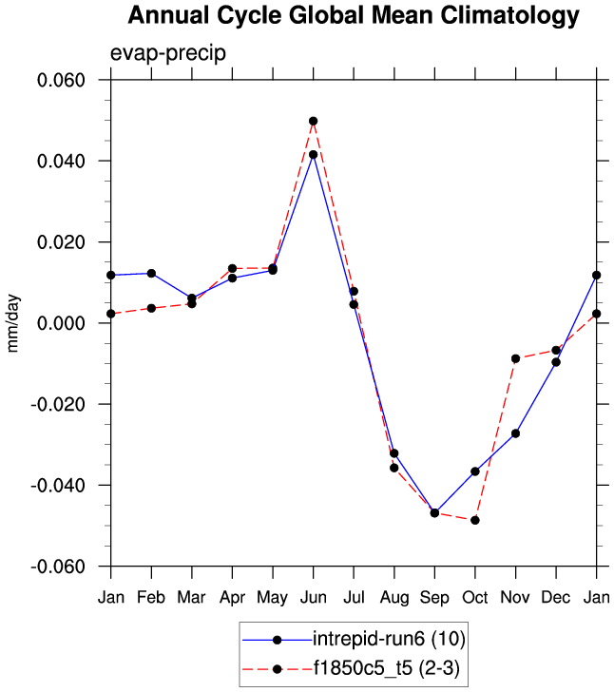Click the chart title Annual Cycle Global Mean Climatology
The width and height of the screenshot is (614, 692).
point(353,16)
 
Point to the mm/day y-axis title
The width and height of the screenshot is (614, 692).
point(13,323)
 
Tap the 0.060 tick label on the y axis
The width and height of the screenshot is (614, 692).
point(62,80)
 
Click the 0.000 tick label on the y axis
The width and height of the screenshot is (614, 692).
point(62,323)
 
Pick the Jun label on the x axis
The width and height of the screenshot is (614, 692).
point(313,598)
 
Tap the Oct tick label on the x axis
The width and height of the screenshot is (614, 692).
point(475,598)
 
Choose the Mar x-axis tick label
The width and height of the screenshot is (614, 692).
point(192,598)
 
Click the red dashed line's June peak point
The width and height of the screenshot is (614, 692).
point(313,122)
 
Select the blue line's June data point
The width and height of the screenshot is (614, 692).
point(313,154)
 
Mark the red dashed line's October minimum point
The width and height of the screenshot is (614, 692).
point(475,520)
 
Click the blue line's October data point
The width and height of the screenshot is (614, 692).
point(475,471)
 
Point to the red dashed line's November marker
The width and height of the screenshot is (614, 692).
point(516,358)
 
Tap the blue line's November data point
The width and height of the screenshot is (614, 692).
point(516,433)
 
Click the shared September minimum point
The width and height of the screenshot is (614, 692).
point(434,513)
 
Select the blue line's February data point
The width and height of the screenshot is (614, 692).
point(151,274)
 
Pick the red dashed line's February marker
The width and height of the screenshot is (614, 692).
point(151,308)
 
